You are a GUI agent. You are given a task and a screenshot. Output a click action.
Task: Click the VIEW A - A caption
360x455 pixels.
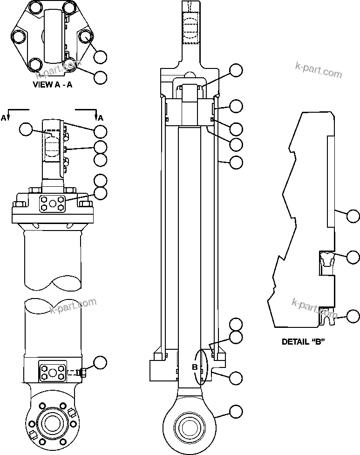click(52, 85)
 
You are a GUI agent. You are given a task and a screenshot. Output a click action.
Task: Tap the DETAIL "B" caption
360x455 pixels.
click(303, 341)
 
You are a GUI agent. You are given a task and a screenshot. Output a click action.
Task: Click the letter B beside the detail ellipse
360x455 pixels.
click(195, 367)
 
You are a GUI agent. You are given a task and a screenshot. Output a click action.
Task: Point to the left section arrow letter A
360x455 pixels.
click(4, 118)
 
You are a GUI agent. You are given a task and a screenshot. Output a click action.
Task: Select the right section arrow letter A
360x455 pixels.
click(100, 118)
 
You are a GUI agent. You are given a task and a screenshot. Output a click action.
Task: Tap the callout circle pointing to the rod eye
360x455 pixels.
click(237, 411)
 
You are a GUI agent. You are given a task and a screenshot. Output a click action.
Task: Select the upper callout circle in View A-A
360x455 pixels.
click(100, 57)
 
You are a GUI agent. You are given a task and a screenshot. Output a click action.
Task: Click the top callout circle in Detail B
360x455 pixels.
click(353, 215)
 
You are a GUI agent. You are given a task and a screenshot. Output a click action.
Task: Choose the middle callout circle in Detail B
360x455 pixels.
click(353, 257)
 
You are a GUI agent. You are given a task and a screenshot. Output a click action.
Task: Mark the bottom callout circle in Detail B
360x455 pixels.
click(353, 317)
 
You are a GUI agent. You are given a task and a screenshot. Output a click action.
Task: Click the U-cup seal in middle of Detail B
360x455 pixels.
click(326, 259)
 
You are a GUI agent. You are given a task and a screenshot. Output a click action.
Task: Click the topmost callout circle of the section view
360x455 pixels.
click(237, 71)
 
